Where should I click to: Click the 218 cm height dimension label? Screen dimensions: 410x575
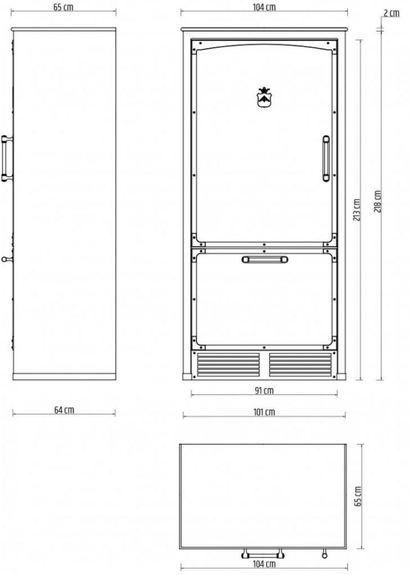tap(377, 202)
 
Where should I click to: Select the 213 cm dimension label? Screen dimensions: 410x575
tap(357, 210)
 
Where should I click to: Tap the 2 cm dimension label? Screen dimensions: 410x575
tap(391, 13)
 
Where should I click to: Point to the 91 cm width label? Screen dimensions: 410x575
tap(264, 391)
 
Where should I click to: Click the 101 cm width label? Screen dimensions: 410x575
tap(264, 412)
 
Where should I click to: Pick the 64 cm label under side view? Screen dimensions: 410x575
tap(64, 410)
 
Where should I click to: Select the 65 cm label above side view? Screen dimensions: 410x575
tap(63, 8)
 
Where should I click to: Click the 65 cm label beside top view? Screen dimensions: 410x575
tap(358, 496)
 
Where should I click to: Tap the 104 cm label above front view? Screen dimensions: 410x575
tap(264, 8)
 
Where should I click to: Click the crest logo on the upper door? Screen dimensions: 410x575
tap(263, 97)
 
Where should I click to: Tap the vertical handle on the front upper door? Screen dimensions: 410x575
tap(326, 158)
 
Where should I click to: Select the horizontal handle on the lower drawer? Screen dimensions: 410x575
tap(265, 259)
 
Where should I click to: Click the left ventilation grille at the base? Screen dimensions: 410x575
tap(228, 365)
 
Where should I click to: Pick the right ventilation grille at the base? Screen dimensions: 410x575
tap(300, 365)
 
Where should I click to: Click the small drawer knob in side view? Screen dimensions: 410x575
tap(6, 259)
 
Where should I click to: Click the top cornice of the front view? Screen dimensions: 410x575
tap(264, 29)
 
